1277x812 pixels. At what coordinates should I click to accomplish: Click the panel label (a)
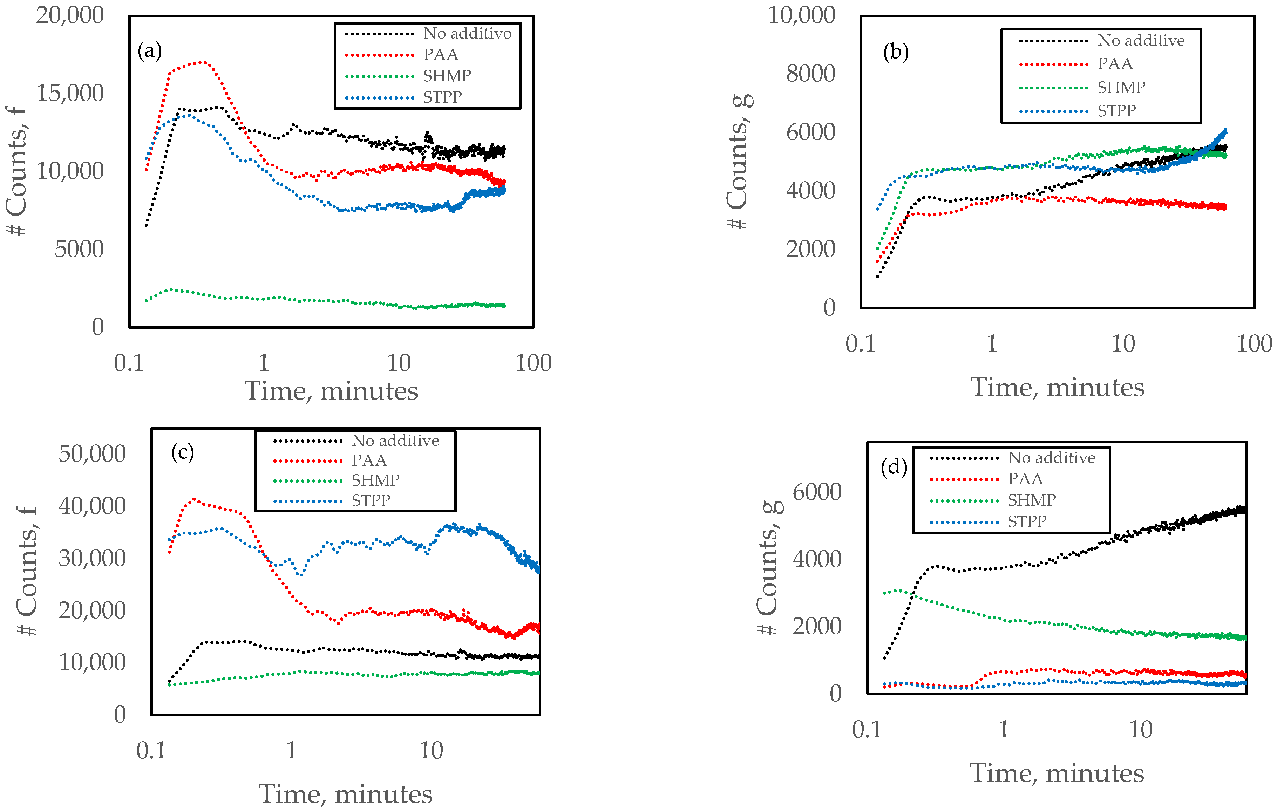pyautogui.click(x=150, y=52)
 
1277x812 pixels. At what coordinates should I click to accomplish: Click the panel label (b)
pyautogui.click(x=896, y=53)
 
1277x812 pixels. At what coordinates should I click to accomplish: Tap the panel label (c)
pyautogui.click(x=182, y=453)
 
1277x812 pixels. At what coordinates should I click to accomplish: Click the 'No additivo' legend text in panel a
pyautogui.click(x=467, y=33)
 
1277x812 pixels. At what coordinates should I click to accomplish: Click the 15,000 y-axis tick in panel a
pyautogui.click(x=70, y=93)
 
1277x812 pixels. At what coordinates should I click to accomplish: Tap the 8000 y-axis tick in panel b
pyautogui.click(x=810, y=73)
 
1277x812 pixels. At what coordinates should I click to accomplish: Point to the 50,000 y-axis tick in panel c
pyautogui.click(x=92, y=454)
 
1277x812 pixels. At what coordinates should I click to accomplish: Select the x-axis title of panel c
pyautogui.click(x=345, y=794)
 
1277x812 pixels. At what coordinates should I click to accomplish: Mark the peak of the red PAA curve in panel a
pyautogui.click(x=203, y=62)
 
